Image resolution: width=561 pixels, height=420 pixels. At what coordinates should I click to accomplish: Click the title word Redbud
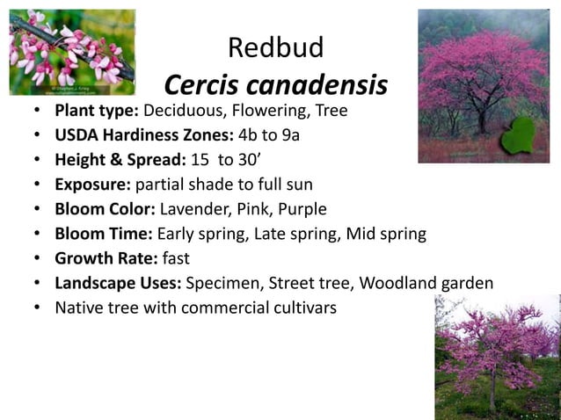pos(275,47)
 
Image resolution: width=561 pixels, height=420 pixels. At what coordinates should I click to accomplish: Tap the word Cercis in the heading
pos(203,86)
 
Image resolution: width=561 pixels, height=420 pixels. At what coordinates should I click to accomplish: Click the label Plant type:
pos(97,112)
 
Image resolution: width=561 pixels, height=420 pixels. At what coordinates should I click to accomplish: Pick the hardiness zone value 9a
pos(300,136)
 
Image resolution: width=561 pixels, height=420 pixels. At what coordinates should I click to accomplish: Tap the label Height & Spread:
pos(119,161)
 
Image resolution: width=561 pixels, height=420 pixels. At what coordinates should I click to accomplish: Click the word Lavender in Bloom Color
pos(193,210)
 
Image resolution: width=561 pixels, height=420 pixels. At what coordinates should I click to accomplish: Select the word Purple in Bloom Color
pos(301,210)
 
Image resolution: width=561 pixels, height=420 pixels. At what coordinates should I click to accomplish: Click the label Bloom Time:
pos(104,235)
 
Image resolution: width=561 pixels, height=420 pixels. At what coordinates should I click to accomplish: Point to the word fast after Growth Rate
pos(176,259)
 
